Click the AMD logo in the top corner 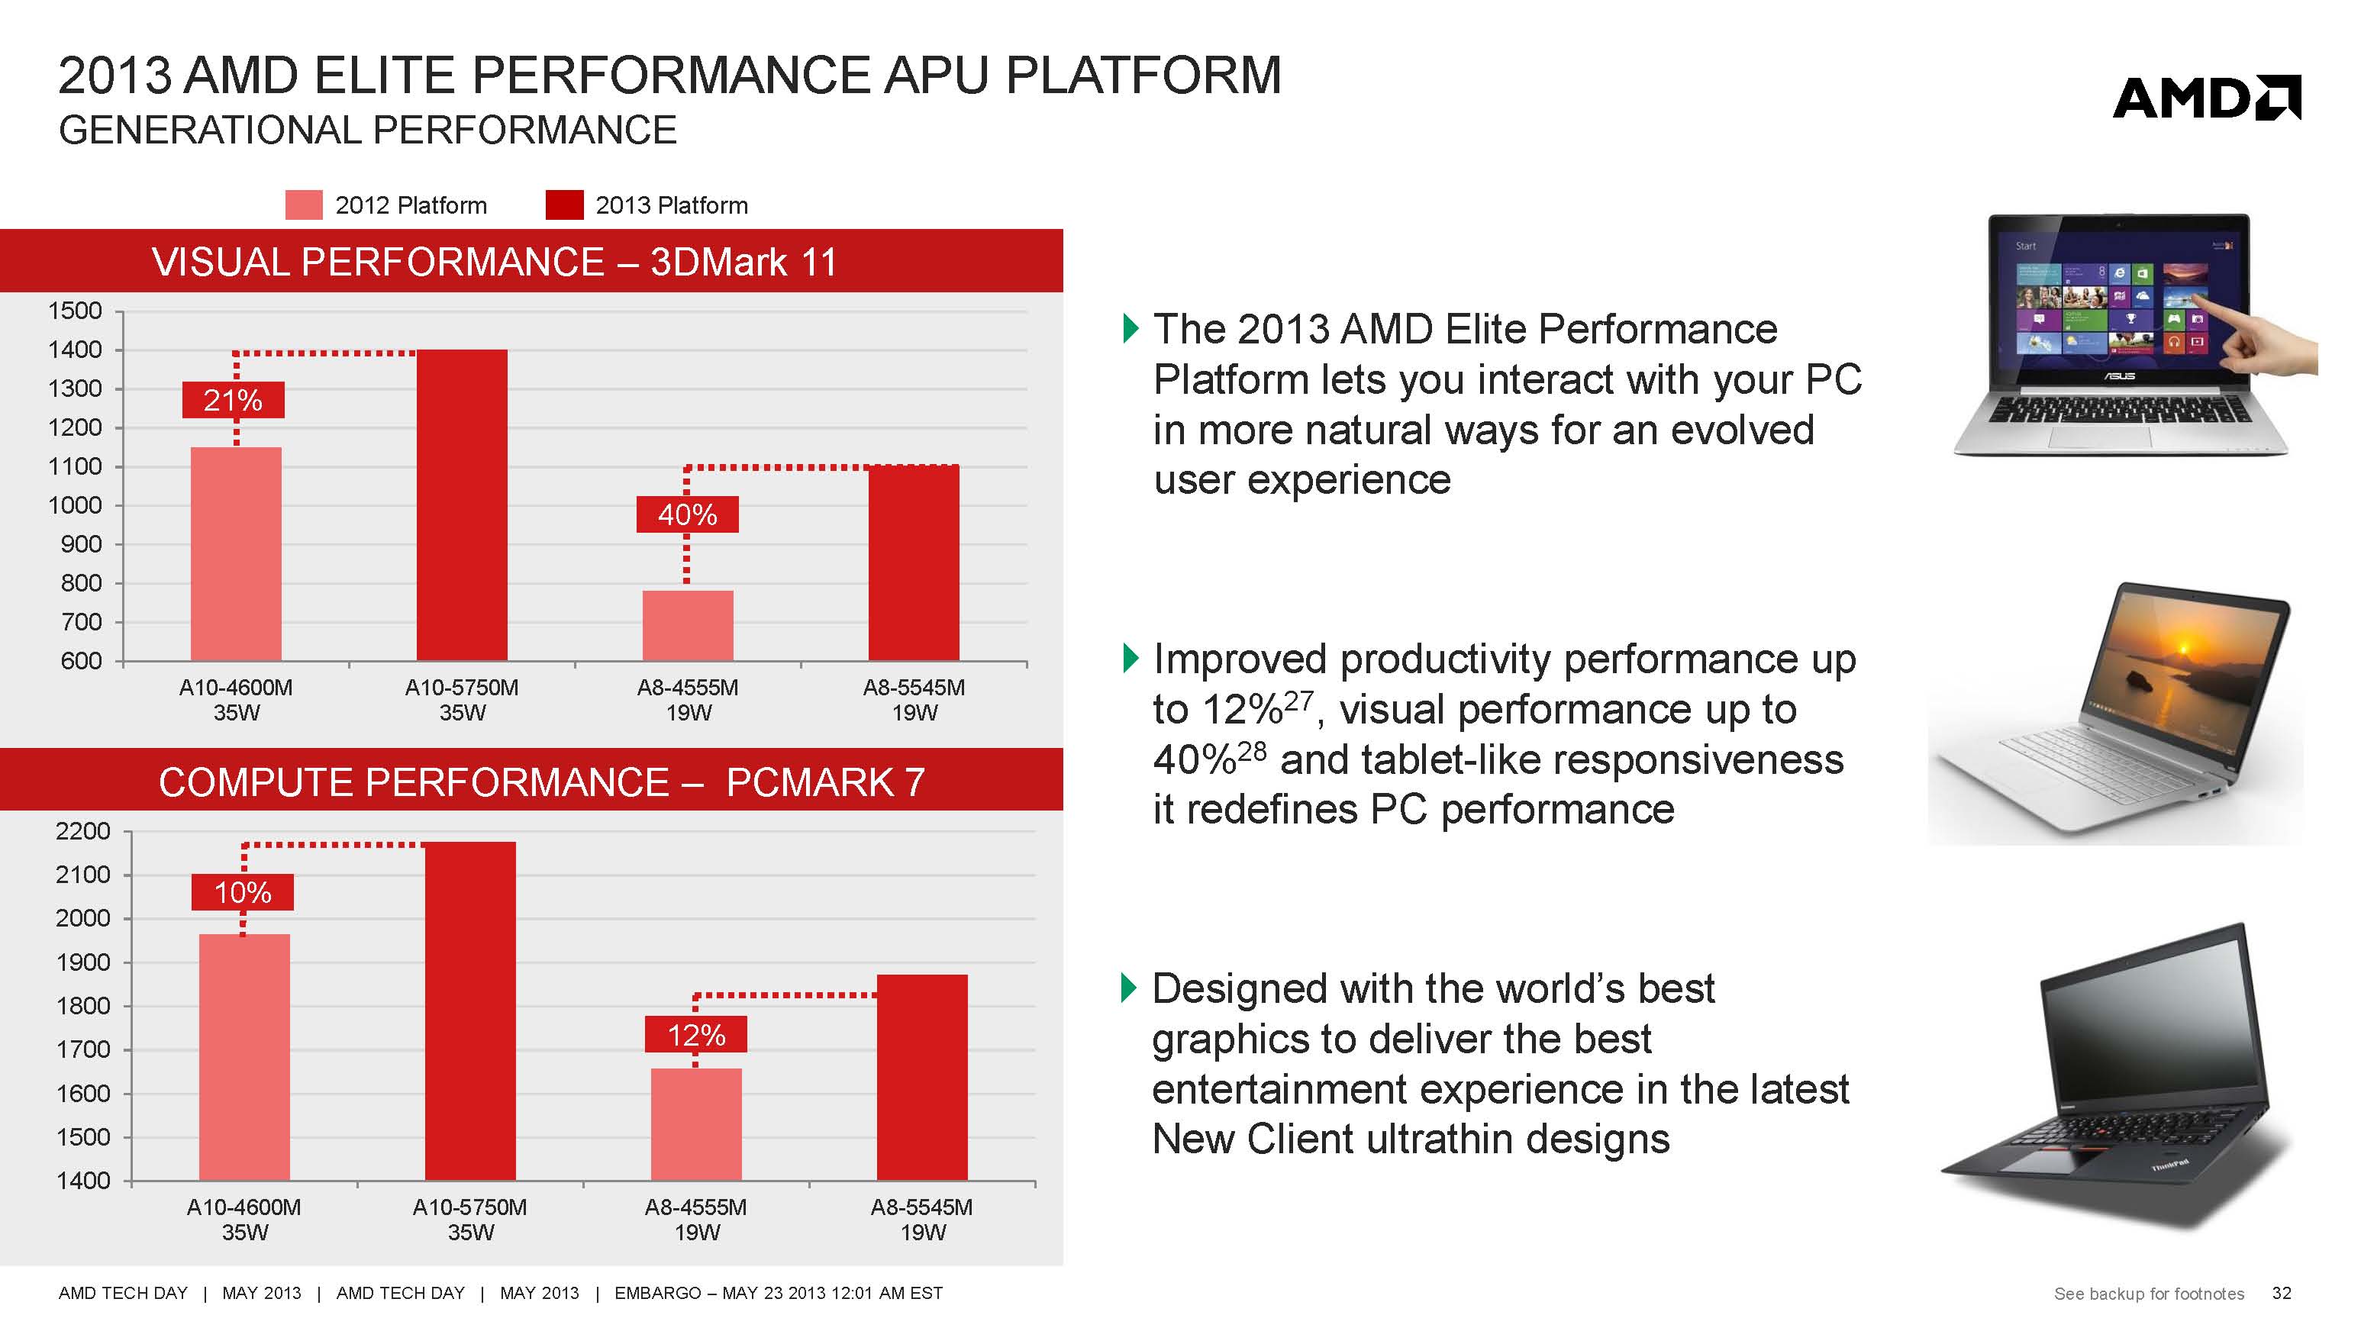(2205, 98)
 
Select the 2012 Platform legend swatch (303, 205)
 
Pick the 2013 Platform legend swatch (563, 205)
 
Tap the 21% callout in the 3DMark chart (233, 401)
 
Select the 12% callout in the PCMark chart (695, 1036)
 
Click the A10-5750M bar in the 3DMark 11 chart (462, 504)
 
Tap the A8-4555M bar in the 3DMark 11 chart (688, 625)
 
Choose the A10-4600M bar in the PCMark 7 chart (244, 1057)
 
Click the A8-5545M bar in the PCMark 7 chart (922, 1077)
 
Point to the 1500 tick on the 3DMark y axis (75, 311)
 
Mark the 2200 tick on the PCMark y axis (82, 831)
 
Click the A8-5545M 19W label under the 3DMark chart (914, 699)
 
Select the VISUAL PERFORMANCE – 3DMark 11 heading (495, 262)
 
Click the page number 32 (2282, 1293)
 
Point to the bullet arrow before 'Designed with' (1130, 988)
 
